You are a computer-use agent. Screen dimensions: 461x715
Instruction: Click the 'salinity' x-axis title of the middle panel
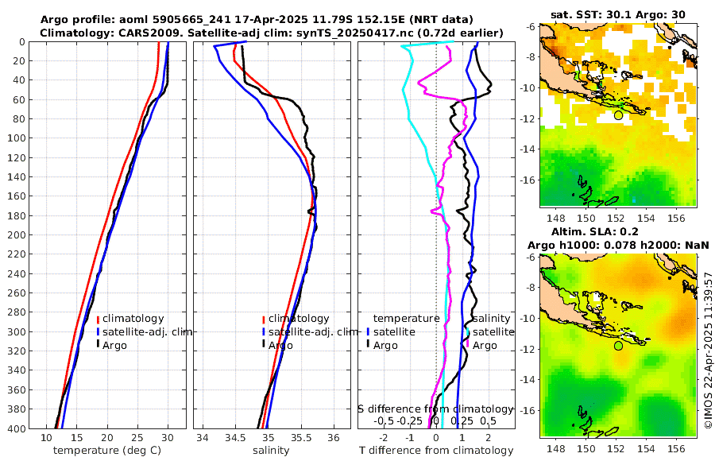coord(270,451)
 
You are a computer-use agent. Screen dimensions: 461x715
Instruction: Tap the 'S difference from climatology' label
coord(435,409)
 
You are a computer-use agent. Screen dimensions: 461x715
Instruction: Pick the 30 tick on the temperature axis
coord(168,438)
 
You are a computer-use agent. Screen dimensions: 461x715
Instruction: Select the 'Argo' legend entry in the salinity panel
coord(280,345)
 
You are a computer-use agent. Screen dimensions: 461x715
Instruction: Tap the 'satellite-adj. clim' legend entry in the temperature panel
coord(144,331)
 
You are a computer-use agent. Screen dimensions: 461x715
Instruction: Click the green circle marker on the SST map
coord(618,115)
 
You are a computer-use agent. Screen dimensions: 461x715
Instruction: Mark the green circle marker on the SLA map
coord(618,346)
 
